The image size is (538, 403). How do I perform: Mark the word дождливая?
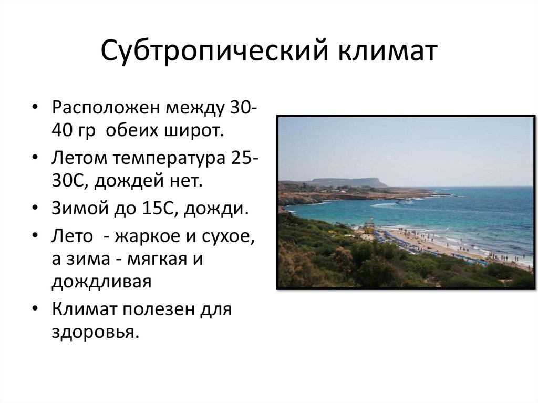click(101, 282)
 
